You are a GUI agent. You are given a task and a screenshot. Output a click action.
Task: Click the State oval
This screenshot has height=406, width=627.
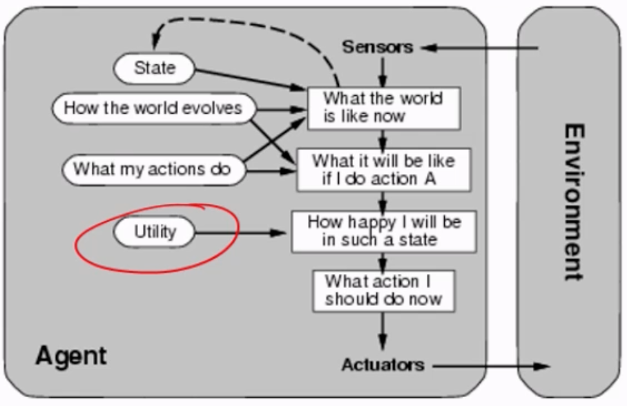pos(155,68)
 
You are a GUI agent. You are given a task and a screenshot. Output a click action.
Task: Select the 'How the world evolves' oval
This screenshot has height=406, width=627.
pos(153,108)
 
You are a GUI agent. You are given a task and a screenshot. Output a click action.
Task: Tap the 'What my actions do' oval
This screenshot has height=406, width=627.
pos(153,169)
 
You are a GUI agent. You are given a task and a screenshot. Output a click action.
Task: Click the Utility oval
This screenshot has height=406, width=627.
pos(155,232)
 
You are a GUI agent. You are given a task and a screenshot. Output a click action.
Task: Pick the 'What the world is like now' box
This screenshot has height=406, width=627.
pos(383,108)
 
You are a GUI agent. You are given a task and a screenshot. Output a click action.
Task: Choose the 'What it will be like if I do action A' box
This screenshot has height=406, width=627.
pos(383,170)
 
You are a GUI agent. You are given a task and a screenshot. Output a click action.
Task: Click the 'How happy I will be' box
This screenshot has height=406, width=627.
pos(383,231)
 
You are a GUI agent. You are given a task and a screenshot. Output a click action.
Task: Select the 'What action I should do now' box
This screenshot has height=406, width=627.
pos(383,291)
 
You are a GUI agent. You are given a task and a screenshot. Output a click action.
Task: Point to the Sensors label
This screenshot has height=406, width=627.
pos(377,47)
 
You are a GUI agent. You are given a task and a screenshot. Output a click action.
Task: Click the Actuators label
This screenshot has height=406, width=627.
pos(383,365)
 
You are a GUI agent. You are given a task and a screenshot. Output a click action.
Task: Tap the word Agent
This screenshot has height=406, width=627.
pos(71,356)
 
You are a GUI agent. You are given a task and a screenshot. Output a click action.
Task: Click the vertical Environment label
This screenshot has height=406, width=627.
pos(572,202)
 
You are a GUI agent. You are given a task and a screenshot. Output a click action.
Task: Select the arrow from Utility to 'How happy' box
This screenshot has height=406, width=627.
pos(242,233)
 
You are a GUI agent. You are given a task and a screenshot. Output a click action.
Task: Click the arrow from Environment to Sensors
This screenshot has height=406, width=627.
pos(483,48)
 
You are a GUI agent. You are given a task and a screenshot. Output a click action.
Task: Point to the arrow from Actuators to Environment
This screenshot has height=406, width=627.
pos(490,365)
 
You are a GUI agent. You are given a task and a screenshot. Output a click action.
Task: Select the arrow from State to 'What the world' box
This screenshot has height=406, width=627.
pos(249,78)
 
